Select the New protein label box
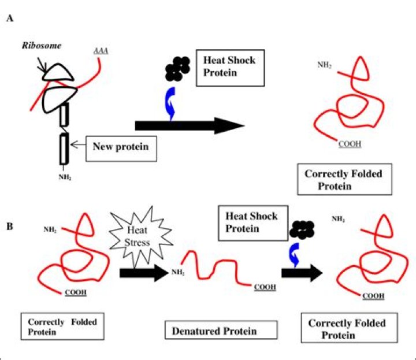(120, 147)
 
